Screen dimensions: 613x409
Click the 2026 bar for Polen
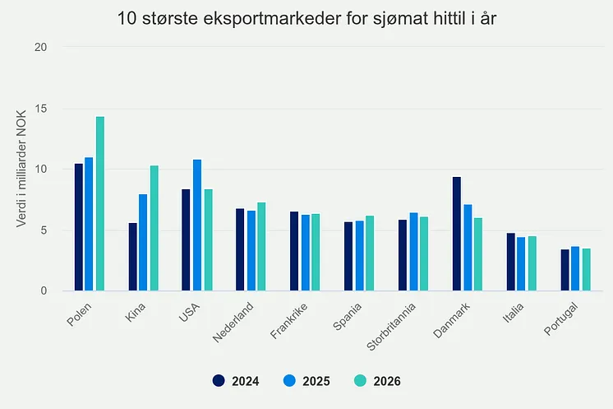100,203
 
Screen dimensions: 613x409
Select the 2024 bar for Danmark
457,234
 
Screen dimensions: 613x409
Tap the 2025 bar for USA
197,225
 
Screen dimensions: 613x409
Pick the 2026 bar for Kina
154,228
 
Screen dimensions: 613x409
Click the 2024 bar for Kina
133,257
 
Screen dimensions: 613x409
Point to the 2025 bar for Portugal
575,268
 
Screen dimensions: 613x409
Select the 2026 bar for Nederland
261,247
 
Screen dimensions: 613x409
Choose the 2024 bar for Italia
510,262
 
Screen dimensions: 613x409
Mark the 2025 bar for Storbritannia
413,252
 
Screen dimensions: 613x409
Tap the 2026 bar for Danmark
478,254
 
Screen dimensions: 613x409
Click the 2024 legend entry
236,381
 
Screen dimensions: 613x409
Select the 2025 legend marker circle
289,381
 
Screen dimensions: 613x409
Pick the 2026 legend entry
377,381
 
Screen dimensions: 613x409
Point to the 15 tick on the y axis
40,109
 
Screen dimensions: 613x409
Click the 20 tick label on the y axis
40,48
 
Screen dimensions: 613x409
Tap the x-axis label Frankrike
289,321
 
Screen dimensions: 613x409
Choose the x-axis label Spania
347,317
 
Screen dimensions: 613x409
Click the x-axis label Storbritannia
391,327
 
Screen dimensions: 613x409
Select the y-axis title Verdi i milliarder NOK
21,169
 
